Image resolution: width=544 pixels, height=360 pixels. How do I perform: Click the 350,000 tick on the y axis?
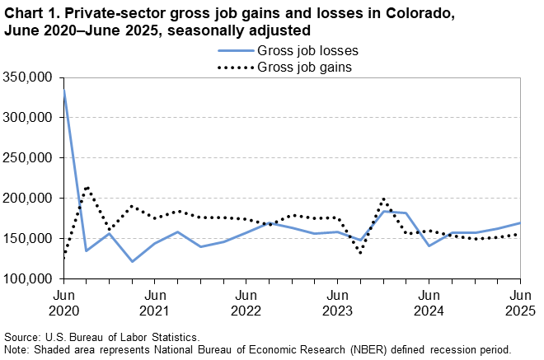[30, 77]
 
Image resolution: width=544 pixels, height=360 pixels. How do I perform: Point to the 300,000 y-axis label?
[30, 117]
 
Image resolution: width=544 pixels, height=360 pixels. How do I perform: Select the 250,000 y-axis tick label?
[30, 157]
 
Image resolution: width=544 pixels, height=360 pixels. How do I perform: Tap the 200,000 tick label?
[30, 198]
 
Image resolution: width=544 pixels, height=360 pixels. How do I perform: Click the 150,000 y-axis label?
[30, 238]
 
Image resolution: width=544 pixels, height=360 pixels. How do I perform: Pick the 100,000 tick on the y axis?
[30, 278]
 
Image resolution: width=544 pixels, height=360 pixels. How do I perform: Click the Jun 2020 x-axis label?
[63, 302]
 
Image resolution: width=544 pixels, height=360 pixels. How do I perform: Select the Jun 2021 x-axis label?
[154, 302]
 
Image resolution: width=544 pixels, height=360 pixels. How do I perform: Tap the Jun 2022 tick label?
[245, 302]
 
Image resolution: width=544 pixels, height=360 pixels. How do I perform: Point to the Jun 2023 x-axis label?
[336, 302]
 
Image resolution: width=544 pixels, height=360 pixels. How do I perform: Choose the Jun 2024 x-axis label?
[428, 302]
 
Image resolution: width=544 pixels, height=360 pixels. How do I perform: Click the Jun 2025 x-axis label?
[519, 302]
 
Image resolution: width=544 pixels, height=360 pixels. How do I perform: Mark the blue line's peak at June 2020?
[64, 89]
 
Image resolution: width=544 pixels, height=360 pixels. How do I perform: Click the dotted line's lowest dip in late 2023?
[360, 252]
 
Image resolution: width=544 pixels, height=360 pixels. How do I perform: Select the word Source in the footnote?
[25, 338]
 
